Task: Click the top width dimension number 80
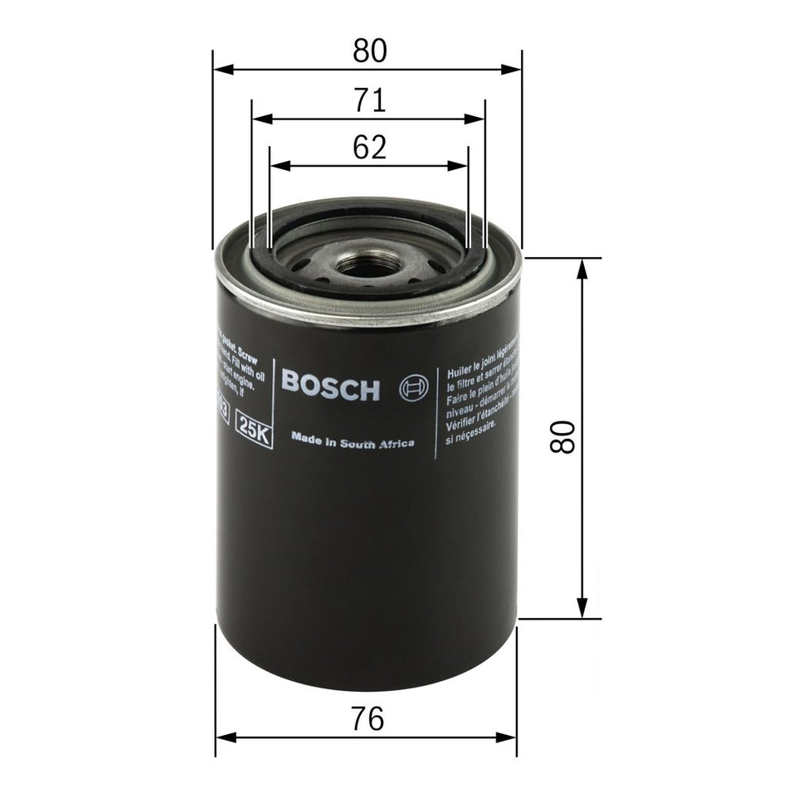pyautogui.click(x=369, y=51)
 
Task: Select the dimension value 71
pyautogui.click(x=369, y=100)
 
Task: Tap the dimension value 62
pyautogui.click(x=369, y=148)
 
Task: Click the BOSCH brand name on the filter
pyautogui.click(x=330, y=386)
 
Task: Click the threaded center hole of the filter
pyautogui.click(x=367, y=266)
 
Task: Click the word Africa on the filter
pyautogui.click(x=397, y=445)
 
